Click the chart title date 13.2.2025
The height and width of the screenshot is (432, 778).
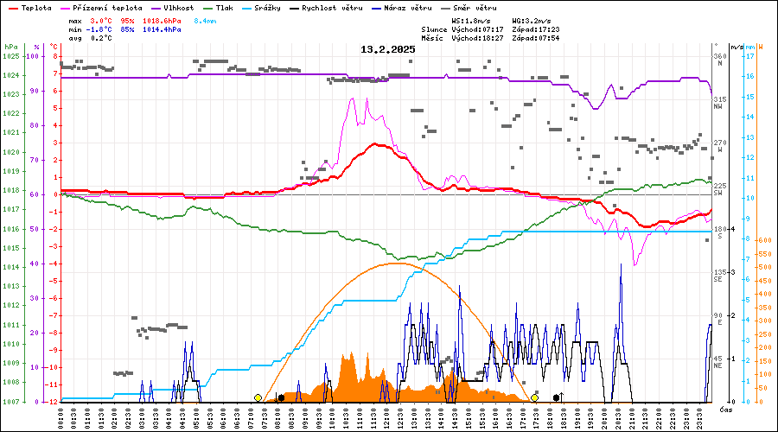(x=388, y=49)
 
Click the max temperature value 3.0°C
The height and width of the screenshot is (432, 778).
(x=100, y=20)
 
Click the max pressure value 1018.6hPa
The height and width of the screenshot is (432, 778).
(x=161, y=20)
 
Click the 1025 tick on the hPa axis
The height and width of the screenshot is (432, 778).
(x=10, y=56)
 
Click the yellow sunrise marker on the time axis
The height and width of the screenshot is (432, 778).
(x=258, y=397)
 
